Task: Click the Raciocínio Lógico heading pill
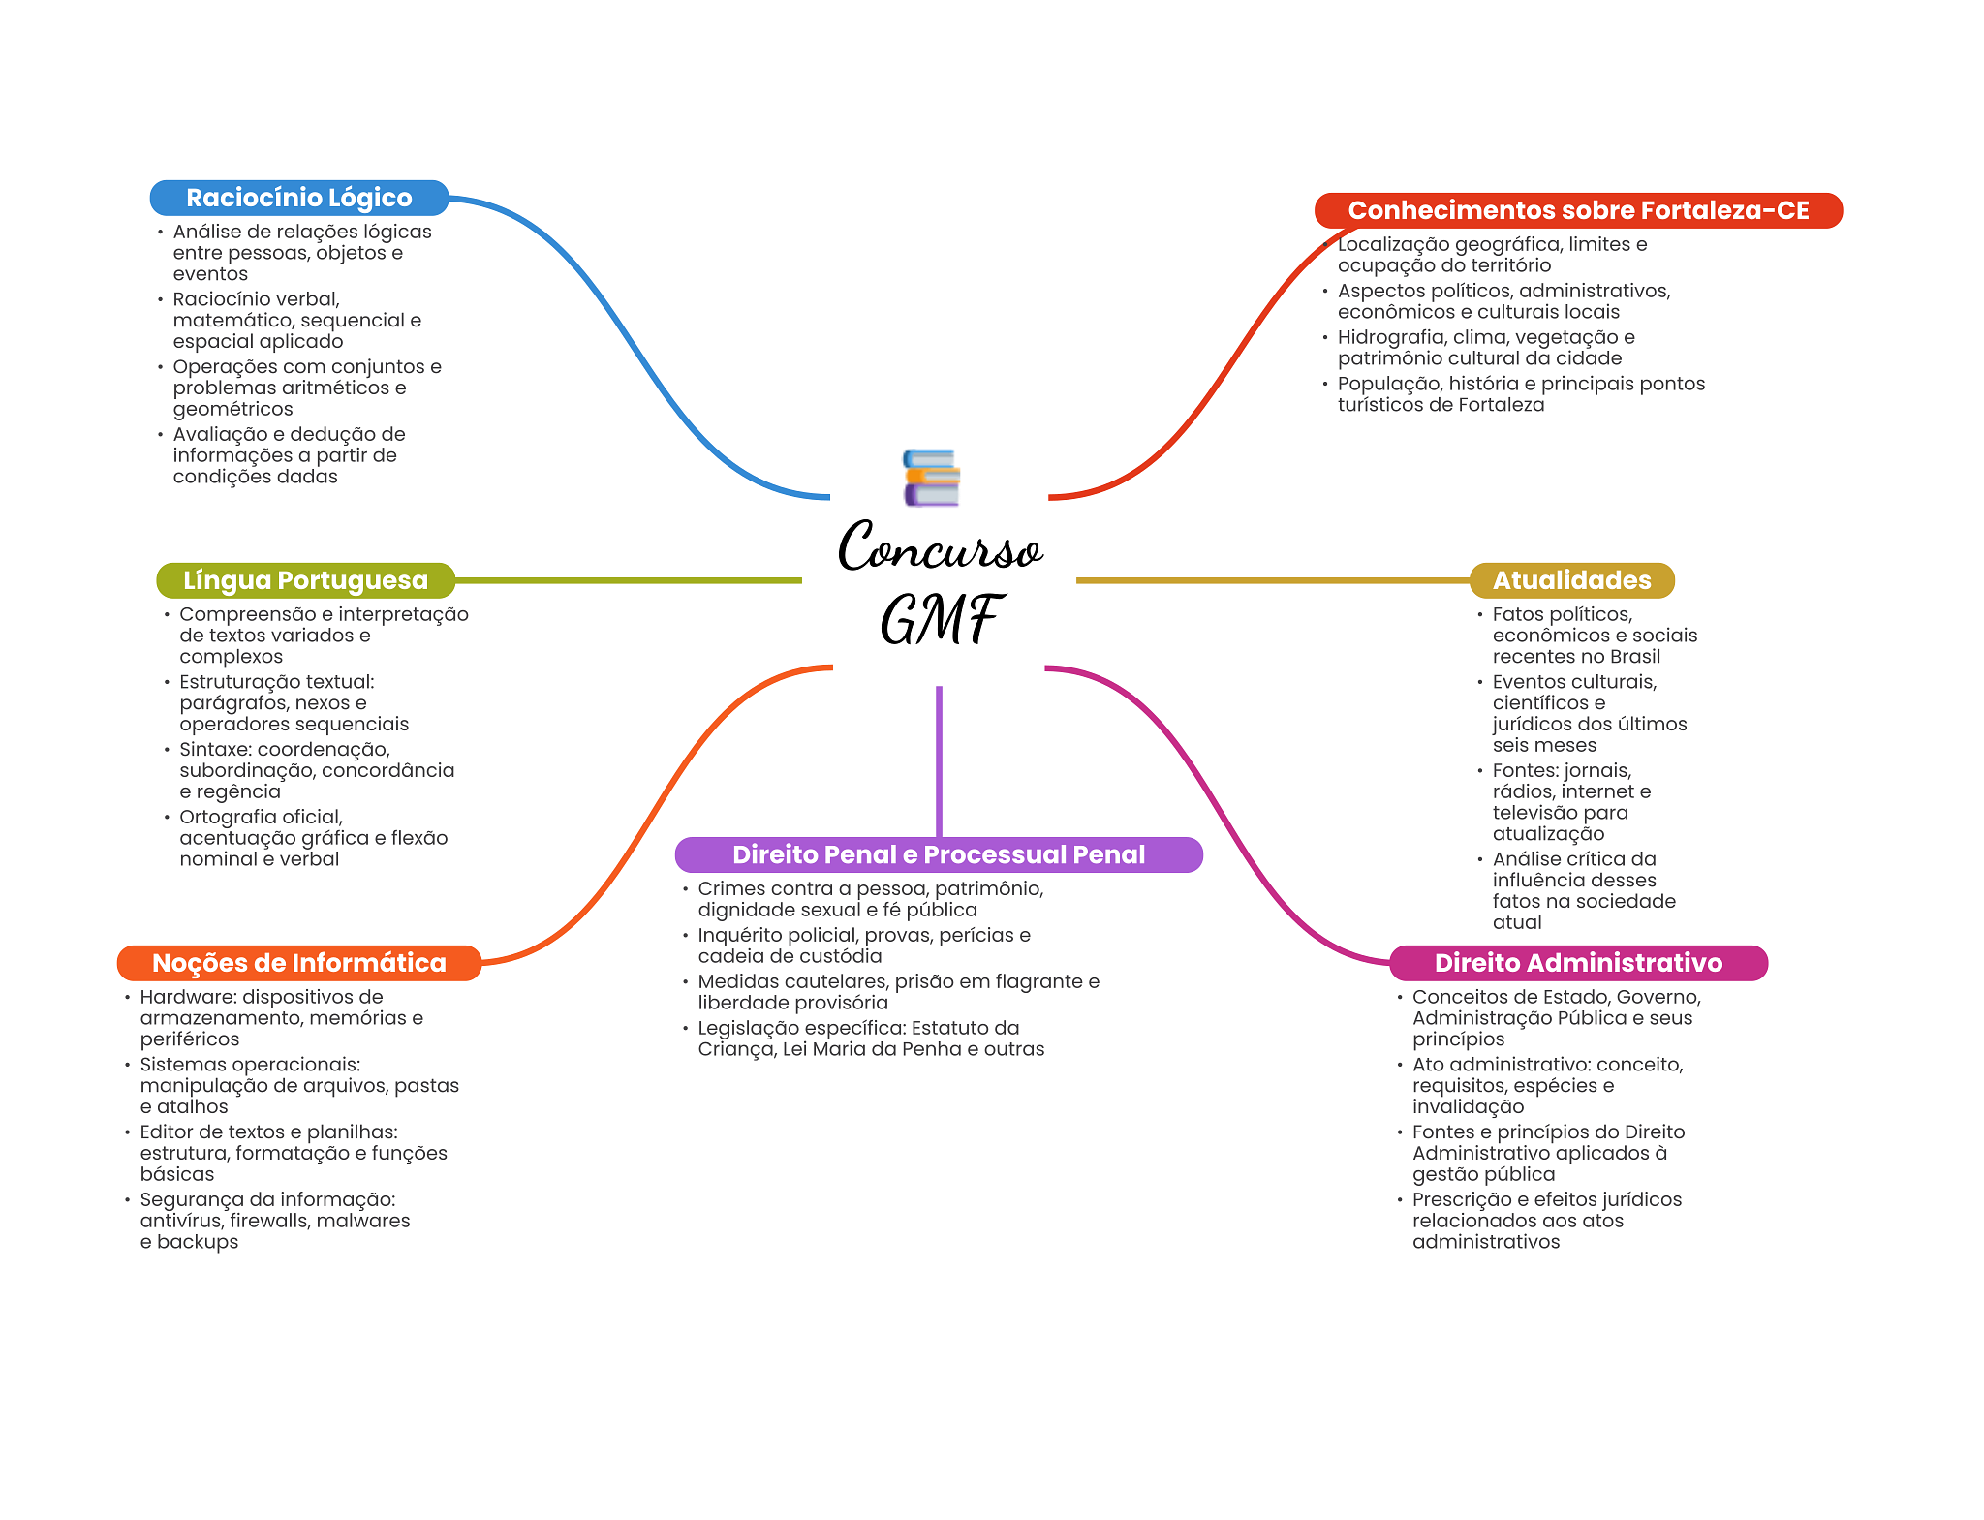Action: [299, 198]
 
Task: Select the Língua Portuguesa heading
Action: [305, 580]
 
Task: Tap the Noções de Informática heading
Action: [299, 963]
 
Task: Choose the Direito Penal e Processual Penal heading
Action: [939, 854]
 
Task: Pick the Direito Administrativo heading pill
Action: [1578, 963]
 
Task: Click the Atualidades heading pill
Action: [1571, 580]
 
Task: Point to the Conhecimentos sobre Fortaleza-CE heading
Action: [1578, 210]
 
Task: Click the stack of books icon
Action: [932, 478]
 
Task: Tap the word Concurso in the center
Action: [940, 546]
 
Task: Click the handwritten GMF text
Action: [940, 619]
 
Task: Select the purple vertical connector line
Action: [939, 761]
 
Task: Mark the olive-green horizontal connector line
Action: [628, 580]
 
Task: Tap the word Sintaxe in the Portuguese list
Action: [214, 750]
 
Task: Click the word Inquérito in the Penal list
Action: [738, 936]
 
